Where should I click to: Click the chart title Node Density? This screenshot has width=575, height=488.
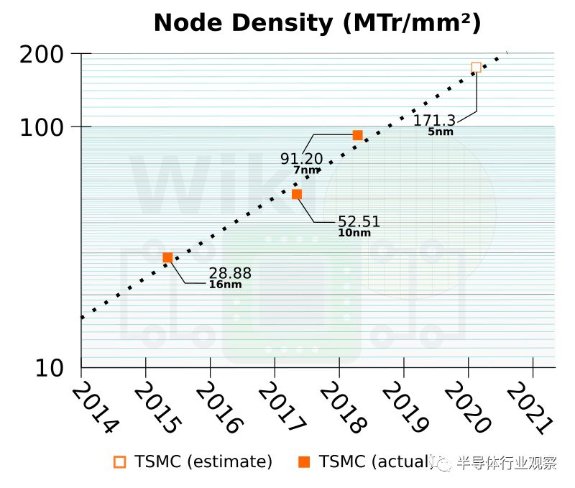(316, 23)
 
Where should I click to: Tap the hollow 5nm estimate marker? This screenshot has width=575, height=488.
(476, 68)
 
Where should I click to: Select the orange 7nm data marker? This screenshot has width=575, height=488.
(357, 135)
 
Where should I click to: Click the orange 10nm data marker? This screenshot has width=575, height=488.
(297, 194)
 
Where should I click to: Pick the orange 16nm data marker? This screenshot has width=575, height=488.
(167, 257)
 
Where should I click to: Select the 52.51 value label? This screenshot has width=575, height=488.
(359, 222)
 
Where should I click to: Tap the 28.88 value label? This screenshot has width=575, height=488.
(230, 273)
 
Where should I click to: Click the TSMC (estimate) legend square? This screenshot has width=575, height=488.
(120, 462)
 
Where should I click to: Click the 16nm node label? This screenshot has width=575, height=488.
(225, 285)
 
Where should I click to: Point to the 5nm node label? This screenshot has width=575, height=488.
(441, 132)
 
